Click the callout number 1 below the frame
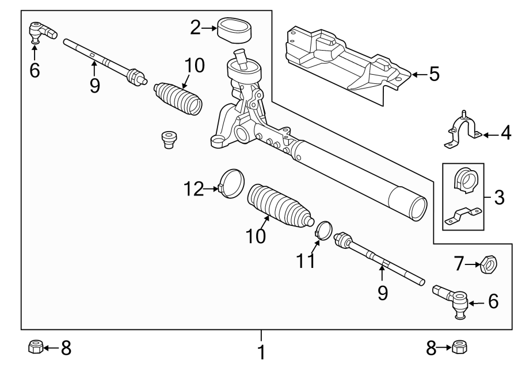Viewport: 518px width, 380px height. point(262,351)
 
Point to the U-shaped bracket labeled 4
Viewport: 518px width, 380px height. point(463,131)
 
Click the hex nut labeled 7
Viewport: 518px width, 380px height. point(488,265)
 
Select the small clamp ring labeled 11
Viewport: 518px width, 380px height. point(325,230)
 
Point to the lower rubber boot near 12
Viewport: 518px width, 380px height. point(278,206)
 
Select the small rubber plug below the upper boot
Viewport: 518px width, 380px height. point(169,139)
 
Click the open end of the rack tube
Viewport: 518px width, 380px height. point(413,207)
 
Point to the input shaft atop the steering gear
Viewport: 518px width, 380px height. point(239,60)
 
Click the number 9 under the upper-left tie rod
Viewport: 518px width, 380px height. point(95,86)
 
